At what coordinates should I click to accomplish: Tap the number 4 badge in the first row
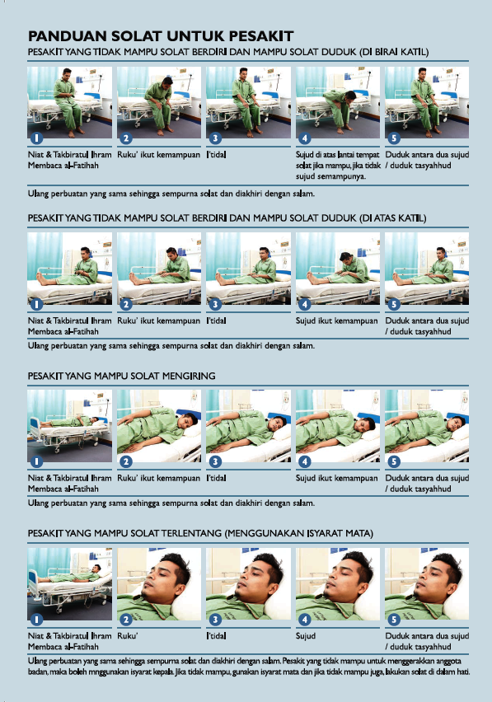304,138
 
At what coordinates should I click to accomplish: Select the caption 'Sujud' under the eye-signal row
305,636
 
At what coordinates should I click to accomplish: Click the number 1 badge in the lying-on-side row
36,461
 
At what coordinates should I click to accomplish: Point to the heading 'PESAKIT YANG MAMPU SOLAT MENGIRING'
121,376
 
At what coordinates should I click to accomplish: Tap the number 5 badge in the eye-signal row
393,619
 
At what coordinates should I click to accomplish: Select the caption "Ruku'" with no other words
128,636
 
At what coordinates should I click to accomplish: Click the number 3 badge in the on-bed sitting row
215,304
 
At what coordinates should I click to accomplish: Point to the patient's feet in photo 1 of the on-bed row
42,278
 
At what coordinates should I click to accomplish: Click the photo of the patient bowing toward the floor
338,102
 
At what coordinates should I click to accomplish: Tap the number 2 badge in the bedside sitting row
126,138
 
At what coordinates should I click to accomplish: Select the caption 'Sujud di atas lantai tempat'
338,154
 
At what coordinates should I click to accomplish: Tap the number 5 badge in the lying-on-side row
393,461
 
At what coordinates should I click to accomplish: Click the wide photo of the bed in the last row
69,584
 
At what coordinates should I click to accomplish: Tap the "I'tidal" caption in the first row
216,154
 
